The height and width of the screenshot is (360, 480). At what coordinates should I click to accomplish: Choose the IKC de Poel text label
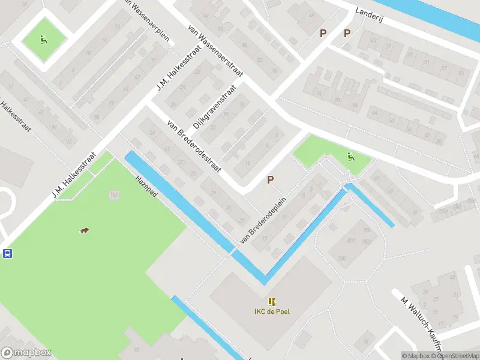pyautogui.click(x=272, y=310)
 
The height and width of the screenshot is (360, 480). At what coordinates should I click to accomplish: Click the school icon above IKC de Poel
pyautogui.click(x=272, y=301)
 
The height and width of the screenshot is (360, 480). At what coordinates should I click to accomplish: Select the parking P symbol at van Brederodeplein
pyautogui.click(x=271, y=179)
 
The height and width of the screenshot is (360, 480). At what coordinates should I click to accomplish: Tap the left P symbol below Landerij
pyautogui.click(x=323, y=33)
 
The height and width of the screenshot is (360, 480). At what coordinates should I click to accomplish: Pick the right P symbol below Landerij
pyautogui.click(x=347, y=33)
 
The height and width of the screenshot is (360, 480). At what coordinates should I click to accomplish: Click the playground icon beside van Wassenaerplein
pyautogui.click(x=43, y=40)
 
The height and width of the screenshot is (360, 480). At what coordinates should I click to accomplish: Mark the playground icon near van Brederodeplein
pyautogui.click(x=350, y=157)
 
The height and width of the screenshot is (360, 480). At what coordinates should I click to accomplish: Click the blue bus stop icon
pyautogui.click(x=7, y=253)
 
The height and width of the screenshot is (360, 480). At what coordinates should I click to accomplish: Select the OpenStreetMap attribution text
pyautogui.click(x=457, y=356)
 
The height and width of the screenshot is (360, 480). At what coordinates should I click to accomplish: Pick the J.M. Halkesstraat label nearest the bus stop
pyautogui.click(x=74, y=173)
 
